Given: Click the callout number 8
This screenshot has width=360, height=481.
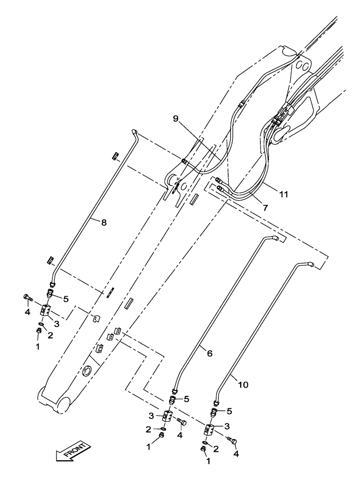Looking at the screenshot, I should [103, 222].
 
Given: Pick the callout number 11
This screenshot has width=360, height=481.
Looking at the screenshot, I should [283, 195].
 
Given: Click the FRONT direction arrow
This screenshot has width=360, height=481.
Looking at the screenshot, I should [73, 453].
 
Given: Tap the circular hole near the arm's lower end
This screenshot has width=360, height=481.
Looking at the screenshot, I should [87, 370].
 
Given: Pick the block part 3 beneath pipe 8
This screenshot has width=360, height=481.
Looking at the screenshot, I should [46, 311].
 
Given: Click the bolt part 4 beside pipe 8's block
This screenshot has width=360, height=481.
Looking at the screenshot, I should [26, 298].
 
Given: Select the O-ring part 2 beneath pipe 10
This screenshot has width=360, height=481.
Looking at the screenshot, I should [206, 442].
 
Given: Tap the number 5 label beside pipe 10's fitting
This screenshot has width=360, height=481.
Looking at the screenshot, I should [230, 411].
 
